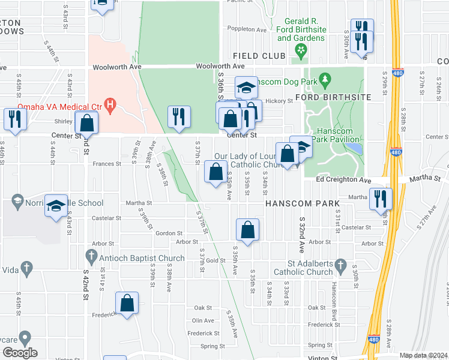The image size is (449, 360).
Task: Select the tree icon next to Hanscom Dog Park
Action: click(x=325, y=79)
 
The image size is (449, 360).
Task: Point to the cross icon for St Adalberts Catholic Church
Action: click(x=340, y=265)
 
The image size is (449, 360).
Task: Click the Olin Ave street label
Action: click(x=203, y=320)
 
